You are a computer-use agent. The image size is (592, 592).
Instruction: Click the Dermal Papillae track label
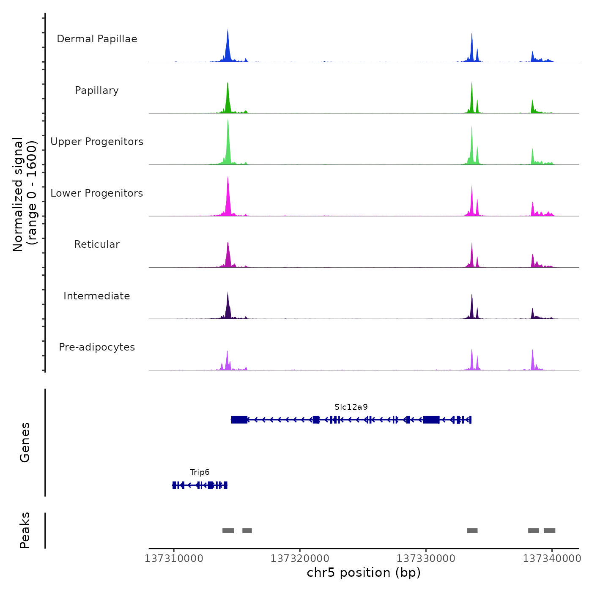(x=97, y=39)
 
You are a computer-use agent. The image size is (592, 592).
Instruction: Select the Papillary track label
(x=97, y=90)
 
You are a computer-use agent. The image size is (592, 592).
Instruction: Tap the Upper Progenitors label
(x=97, y=142)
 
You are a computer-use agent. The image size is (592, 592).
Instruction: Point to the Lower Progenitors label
(x=97, y=193)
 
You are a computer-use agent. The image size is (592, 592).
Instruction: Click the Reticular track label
(x=97, y=244)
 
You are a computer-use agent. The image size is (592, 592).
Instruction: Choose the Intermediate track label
(x=97, y=296)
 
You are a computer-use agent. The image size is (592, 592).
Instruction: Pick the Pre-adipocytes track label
(x=97, y=347)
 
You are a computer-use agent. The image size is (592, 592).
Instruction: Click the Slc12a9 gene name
(x=351, y=407)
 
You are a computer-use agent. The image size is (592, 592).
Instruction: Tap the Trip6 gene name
(x=200, y=472)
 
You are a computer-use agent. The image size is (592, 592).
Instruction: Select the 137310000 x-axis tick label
(x=174, y=559)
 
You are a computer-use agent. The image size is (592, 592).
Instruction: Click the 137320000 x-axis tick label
(x=300, y=559)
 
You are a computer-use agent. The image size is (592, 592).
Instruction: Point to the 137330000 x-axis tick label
(x=426, y=559)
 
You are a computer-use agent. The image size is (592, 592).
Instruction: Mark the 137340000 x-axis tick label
(x=552, y=559)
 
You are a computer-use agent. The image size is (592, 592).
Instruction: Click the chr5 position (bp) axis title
(x=364, y=573)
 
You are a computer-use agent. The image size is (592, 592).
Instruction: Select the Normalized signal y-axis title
(x=25, y=195)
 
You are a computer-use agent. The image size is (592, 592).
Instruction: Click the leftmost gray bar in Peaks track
(x=228, y=531)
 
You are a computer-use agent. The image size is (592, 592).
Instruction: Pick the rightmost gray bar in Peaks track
(x=549, y=531)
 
